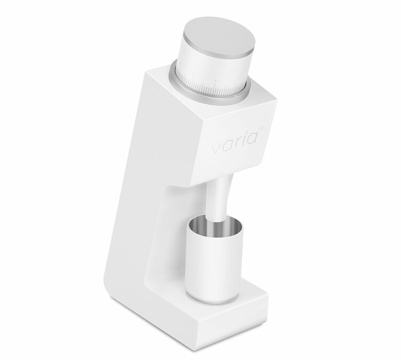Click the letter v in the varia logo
pyautogui.click(x=217, y=149)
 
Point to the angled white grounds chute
pyautogui.click(x=218, y=199)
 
